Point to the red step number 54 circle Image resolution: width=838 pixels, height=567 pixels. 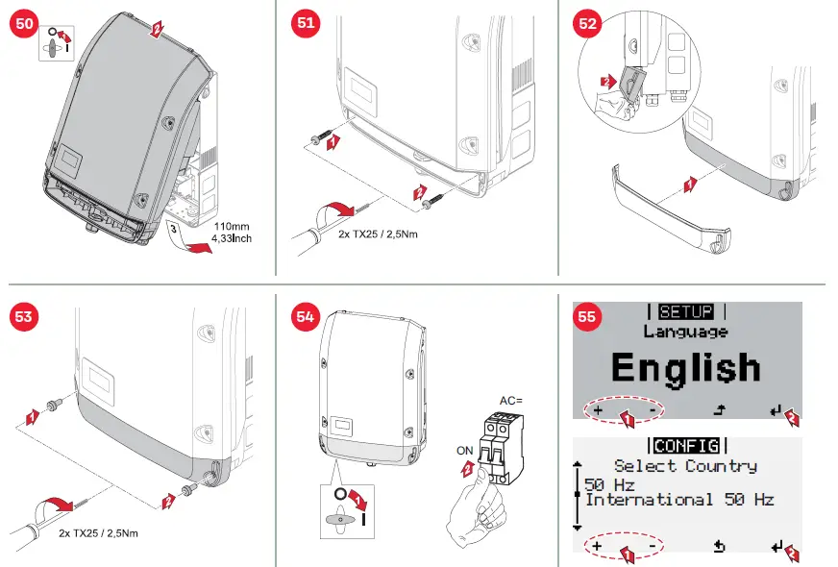click(x=305, y=315)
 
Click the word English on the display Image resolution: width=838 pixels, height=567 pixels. click(x=685, y=368)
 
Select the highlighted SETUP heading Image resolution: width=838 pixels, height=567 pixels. click(x=686, y=311)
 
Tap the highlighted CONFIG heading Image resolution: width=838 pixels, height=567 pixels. click(x=686, y=446)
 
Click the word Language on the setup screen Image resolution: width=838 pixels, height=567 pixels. click(x=685, y=332)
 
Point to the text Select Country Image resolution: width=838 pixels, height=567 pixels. click(x=685, y=466)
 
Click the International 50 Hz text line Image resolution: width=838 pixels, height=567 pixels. click(x=678, y=500)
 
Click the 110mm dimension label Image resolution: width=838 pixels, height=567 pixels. click(x=232, y=228)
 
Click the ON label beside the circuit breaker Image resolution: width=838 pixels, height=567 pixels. click(x=466, y=450)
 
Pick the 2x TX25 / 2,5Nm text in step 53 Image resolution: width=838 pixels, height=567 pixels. click(x=99, y=532)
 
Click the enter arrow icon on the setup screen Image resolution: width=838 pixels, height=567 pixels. click(x=775, y=411)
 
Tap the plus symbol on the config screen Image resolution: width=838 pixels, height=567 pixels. click(x=597, y=546)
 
